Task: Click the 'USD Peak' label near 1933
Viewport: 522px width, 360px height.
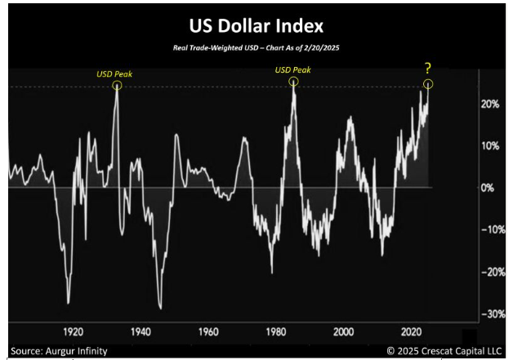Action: (x=114, y=73)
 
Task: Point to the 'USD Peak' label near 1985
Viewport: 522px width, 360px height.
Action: (x=293, y=70)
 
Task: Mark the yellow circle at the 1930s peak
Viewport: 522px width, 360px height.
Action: (x=118, y=85)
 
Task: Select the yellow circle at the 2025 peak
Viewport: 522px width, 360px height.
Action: (x=428, y=84)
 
